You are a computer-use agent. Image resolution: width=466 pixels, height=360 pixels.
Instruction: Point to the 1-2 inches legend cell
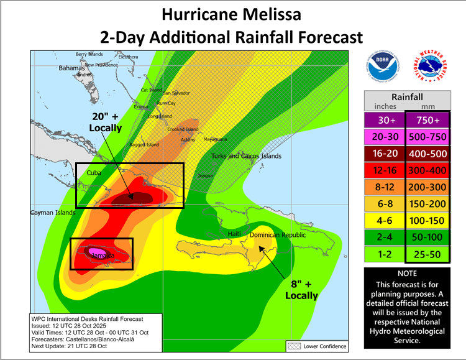pos(385,253)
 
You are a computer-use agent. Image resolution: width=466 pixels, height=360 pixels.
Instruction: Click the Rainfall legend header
pos(407,97)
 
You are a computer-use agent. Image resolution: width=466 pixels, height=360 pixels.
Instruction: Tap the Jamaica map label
pos(99,256)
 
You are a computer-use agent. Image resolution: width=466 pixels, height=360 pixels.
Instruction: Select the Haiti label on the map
pos(234,233)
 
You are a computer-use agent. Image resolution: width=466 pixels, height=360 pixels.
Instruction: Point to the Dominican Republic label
pos(278,235)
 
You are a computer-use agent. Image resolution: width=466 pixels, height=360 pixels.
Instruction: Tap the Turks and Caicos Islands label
pos(246,156)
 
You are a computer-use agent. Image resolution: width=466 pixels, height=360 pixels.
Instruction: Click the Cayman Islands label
pos(53,213)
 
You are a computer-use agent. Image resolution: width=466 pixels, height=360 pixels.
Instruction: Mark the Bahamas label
pos(71,67)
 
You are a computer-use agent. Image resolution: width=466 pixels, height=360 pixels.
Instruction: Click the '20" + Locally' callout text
pos(105,122)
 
